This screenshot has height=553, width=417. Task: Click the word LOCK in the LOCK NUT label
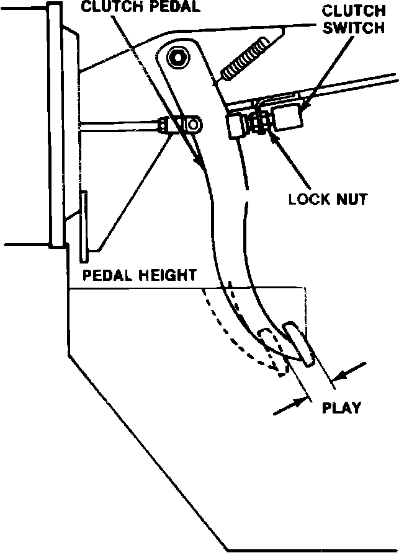pos(310,200)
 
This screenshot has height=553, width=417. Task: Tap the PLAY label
pos(341,408)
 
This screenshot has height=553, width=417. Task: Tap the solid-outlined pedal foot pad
pos(299,343)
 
